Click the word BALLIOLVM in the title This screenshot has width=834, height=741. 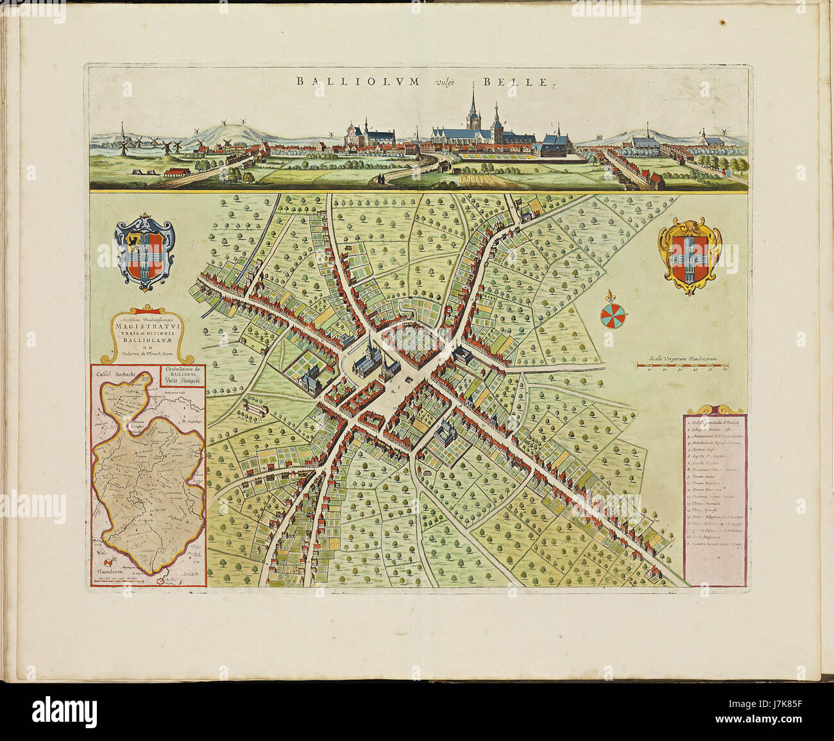coord(357,81)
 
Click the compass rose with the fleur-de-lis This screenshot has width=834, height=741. coord(613,313)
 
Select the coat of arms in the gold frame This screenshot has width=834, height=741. coord(690,256)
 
